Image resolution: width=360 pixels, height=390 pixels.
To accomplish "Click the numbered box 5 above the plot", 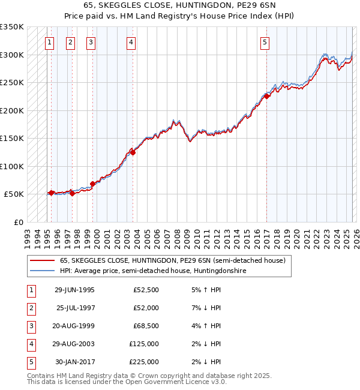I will [x=265, y=42].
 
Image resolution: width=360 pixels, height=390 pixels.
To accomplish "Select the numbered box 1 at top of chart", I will [x=49, y=42].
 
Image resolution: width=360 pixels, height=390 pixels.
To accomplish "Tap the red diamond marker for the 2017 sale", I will [x=266, y=96].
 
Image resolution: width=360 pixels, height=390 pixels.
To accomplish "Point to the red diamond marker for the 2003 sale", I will [x=133, y=152].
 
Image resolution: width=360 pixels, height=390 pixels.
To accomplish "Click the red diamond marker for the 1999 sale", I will [x=93, y=184].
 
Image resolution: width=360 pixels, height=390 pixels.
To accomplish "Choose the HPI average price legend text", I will [x=153, y=271].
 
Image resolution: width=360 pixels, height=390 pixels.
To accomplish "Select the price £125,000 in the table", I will [x=144, y=344].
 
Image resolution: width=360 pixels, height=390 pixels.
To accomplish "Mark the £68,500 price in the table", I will [x=146, y=326].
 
